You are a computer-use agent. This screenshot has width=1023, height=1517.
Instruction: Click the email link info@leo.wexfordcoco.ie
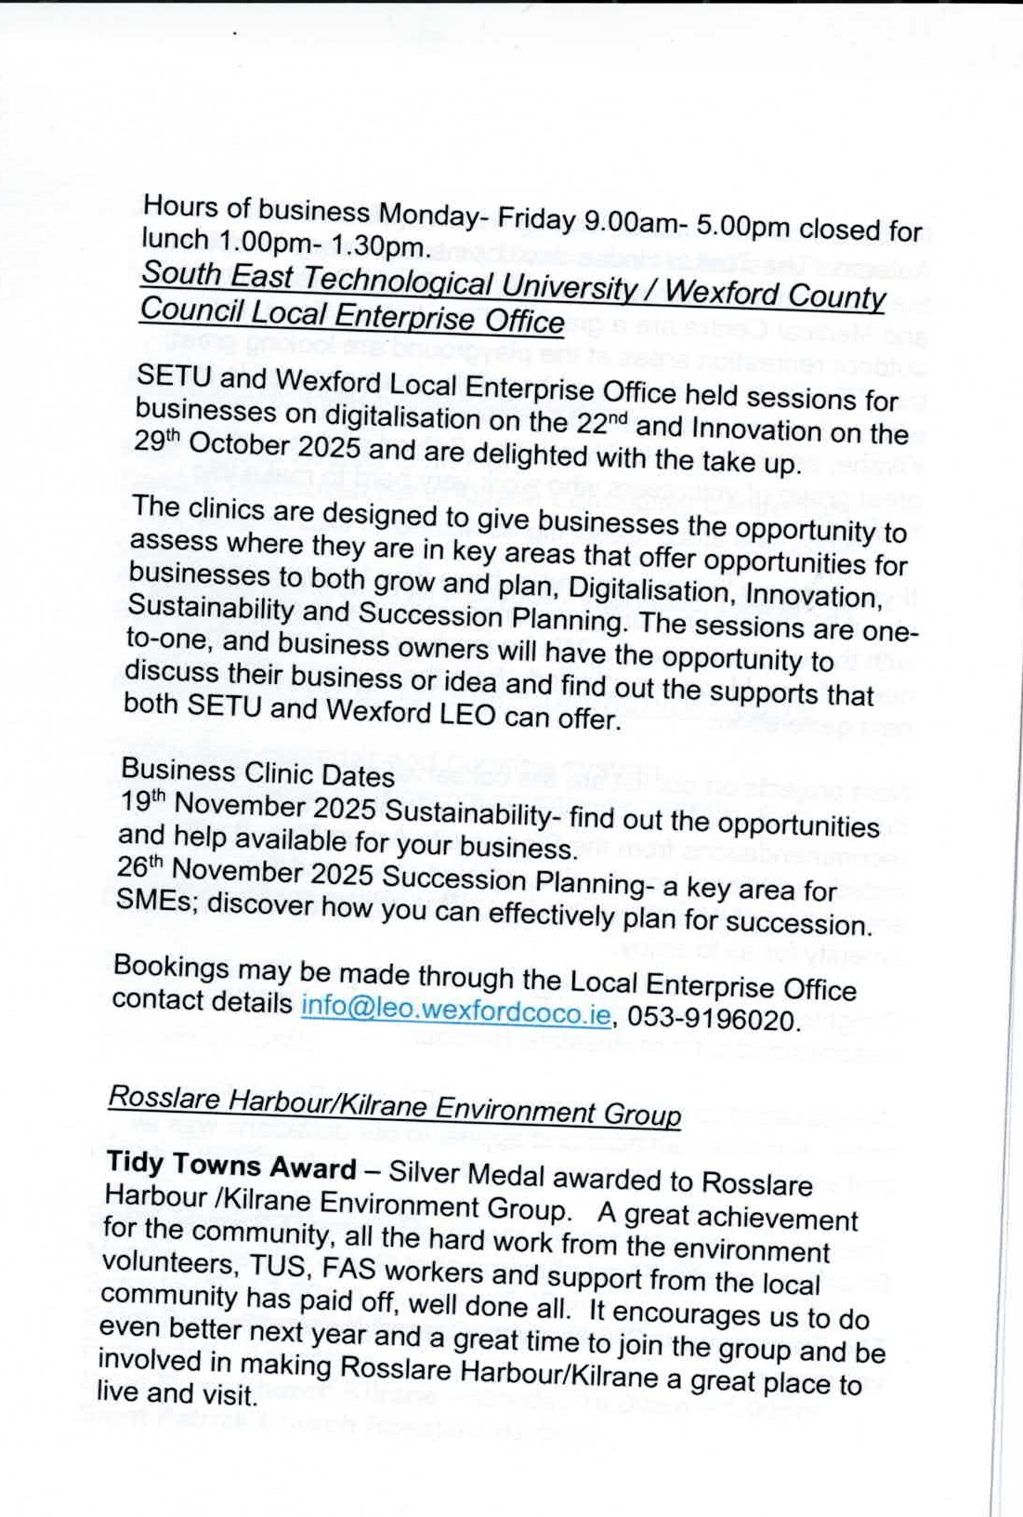pyautogui.click(x=455, y=1011)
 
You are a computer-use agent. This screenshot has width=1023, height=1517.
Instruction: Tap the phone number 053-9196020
pyautogui.click(x=713, y=1020)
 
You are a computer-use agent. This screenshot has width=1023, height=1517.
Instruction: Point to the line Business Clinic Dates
pyautogui.click(x=257, y=772)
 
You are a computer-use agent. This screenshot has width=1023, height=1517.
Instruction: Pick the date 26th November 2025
pyautogui.click(x=245, y=873)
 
